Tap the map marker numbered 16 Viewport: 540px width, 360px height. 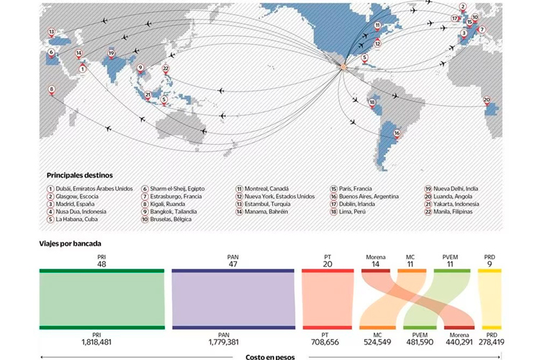pos(397,134)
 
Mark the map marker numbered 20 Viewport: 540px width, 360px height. pos(487,101)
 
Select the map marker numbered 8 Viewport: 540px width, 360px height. pos(51,90)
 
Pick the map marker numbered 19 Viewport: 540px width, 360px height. pos(111,53)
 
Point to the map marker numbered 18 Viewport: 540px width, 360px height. pos(372,102)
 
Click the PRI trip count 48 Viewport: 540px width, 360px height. pos(102,264)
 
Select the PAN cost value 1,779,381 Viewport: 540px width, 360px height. pos(233,342)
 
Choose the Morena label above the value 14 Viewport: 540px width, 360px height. pos(375,256)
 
